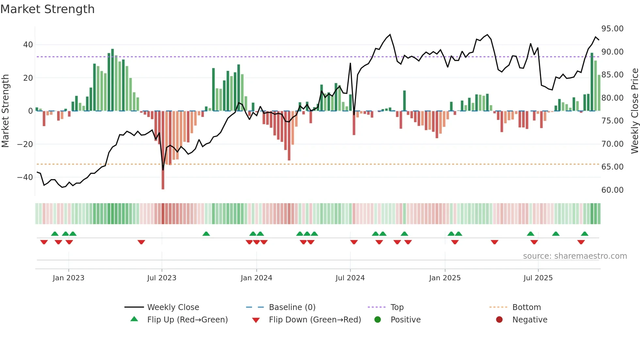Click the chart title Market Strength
(x=47, y=9)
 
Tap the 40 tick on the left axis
(x=28, y=45)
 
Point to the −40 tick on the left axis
(x=25, y=177)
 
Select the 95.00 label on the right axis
(x=612, y=29)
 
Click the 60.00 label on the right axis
(x=612, y=190)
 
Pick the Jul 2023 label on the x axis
(x=162, y=278)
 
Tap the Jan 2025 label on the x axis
(x=445, y=278)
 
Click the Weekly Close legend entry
(x=173, y=307)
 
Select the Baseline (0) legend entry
(x=292, y=307)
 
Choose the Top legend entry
(x=397, y=307)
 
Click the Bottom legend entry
(x=526, y=307)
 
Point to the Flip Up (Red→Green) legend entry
(x=187, y=320)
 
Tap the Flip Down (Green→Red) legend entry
(x=315, y=320)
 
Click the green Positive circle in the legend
(x=378, y=320)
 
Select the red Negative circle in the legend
(x=499, y=320)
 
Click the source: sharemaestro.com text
(x=575, y=256)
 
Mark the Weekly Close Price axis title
(x=634, y=111)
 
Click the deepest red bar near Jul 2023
(x=163, y=150)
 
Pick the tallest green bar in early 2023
(x=112, y=80)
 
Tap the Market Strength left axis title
(x=5, y=111)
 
